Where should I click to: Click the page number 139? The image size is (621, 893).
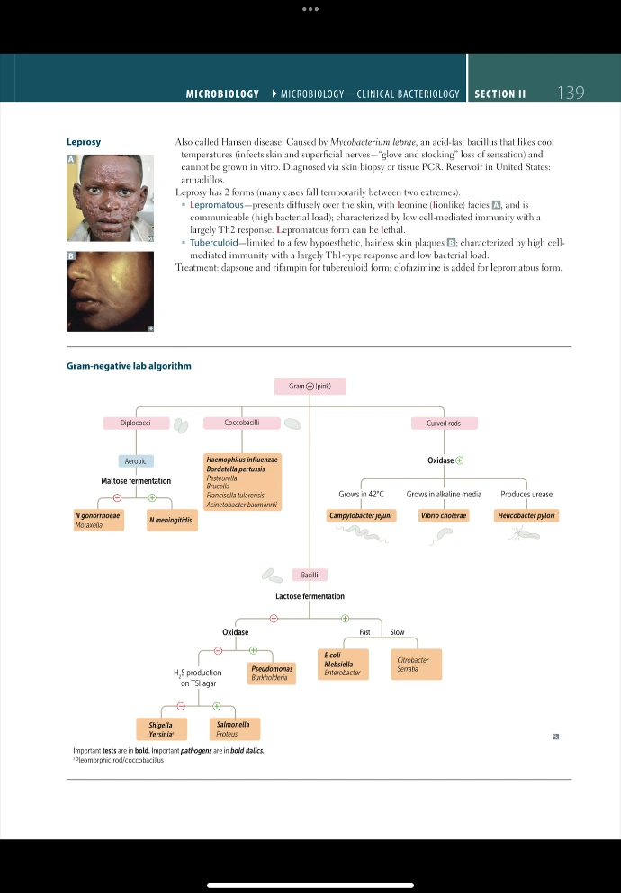(x=571, y=93)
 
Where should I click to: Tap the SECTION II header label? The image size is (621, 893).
(x=499, y=94)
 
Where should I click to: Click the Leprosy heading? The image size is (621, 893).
(x=84, y=142)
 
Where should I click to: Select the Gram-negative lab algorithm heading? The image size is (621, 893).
(x=129, y=366)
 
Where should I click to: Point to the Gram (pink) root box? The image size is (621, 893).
(x=310, y=386)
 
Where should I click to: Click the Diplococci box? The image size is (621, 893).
(x=135, y=423)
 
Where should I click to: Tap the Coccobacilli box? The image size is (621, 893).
(x=242, y=423)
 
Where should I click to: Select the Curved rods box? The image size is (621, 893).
(x=443, y=423)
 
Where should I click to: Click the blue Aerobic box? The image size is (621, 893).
(x=136, y=460)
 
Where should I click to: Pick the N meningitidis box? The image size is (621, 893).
(x=170, y=520)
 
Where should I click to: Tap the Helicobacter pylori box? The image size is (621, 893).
(x=526, y=515)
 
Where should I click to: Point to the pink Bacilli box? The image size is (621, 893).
(x=310, y=574)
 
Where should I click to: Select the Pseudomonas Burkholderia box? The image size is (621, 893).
(x=271, y=673)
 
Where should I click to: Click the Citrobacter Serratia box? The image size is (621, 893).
(x=412, y=665)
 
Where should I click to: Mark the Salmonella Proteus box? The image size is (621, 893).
(x=233, y=728)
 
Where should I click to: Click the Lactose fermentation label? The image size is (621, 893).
(x=310, y=596)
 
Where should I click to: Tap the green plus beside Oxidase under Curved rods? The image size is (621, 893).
(x=460, y=460)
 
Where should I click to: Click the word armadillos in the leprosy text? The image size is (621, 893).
(x=200, y=180)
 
